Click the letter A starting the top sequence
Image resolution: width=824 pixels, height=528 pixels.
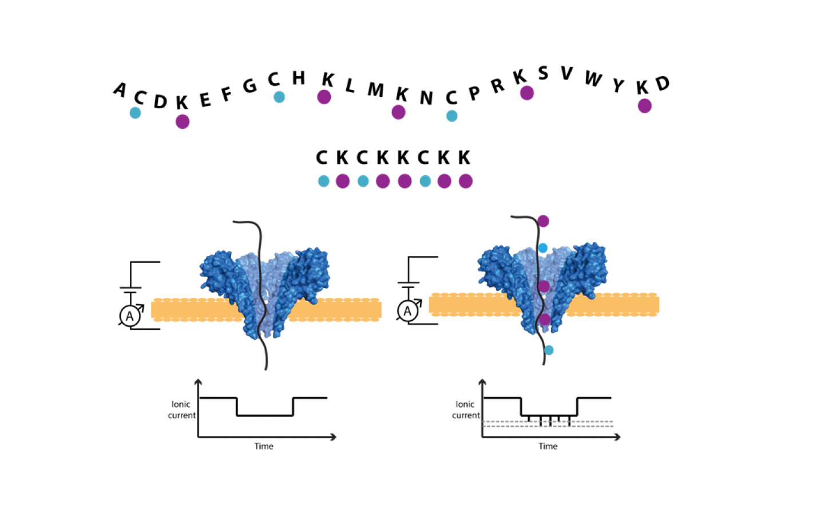(x=120, y=89)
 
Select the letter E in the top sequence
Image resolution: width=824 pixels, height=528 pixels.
(x=205, y=100)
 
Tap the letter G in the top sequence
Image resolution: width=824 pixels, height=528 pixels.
(x=249, y=86)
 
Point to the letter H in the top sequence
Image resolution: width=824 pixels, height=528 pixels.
(x=299, y=78)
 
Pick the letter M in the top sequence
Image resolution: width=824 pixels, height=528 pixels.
(x=375, y=90)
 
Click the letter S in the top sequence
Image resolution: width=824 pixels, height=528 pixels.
(x=543, y=73)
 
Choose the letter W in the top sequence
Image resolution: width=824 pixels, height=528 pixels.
(x=593, y=78)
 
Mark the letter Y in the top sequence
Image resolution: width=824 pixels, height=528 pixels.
(x=618, y=85)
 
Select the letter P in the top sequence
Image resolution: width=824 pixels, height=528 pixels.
(x=474, y=93)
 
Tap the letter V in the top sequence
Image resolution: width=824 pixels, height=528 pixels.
(x=566, y=73)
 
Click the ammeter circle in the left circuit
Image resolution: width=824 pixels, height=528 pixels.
(x=130, y=316)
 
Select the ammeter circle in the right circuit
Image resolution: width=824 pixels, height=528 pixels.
(x=407, y=311)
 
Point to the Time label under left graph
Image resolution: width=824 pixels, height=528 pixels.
(x=264, y=446)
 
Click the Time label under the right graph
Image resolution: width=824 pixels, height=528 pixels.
(x=548, y=446)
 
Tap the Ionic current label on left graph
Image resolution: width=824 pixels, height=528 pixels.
(x=181, y=409)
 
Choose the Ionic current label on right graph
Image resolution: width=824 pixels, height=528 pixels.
(x=466, y=409)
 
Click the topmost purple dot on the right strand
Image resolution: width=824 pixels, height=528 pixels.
(x=543, y=221)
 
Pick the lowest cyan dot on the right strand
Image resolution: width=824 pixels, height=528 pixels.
(x=549, y=350)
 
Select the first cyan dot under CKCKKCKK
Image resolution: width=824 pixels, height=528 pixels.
(x=324, y=182)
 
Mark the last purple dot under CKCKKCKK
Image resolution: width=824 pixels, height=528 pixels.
(x=466, y=182)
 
